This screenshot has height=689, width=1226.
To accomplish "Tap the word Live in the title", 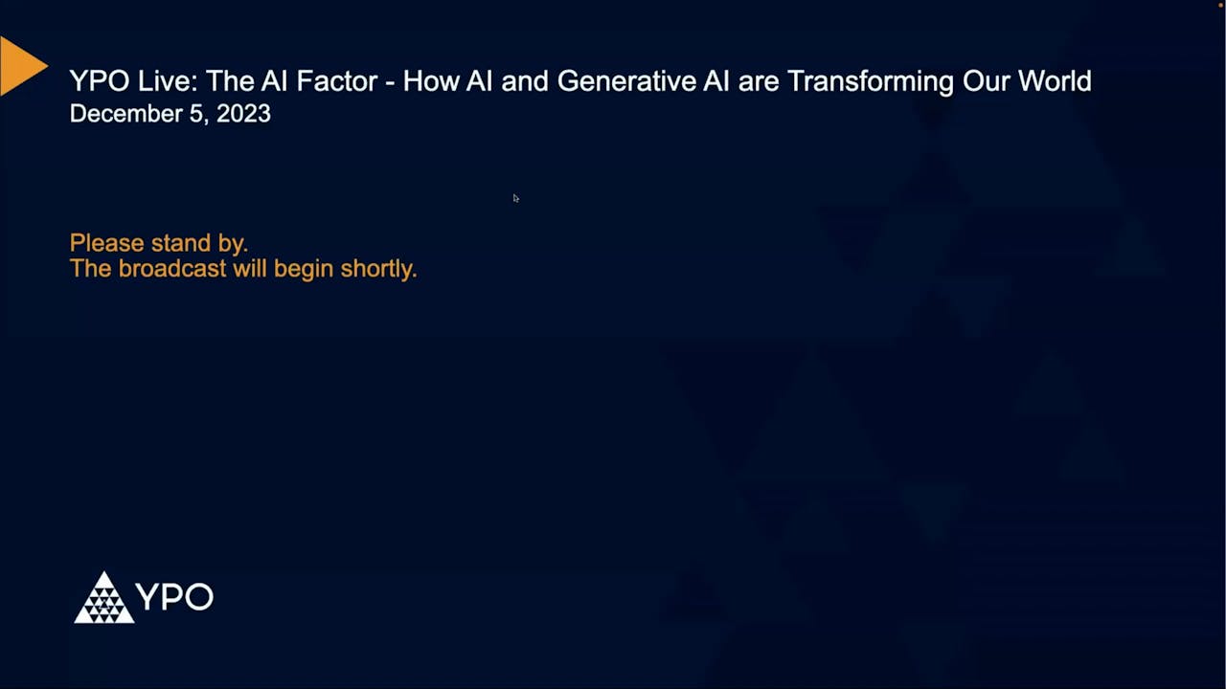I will point(163,81).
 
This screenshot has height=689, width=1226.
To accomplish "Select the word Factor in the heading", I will point(334,81).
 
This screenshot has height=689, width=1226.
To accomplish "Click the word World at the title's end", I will point(1055,81).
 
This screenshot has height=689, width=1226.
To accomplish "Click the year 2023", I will point(243,114).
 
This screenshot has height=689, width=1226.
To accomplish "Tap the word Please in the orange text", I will point(103,243).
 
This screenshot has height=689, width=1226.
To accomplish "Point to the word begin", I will point(304,269).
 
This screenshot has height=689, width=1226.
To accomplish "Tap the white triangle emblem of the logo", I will point(103,598).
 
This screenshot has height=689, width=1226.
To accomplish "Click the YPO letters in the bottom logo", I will point(174,597).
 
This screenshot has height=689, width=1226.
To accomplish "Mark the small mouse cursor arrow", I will point(515,198).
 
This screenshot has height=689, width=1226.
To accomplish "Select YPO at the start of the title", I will point(99,81).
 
